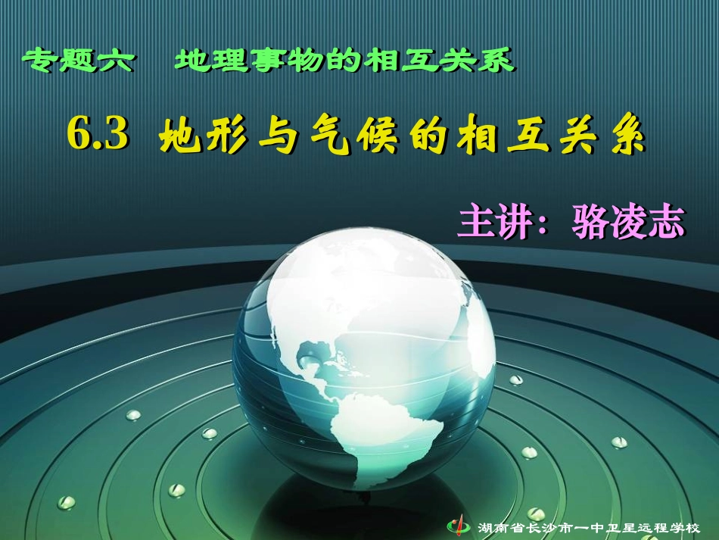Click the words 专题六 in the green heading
[x=79, y=60]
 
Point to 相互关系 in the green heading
[x=439, y=60]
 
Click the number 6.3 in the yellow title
[x=97, y=135]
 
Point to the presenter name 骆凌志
[x=628, y=223]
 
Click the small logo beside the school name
[x=459, y=524]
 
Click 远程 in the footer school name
[x=643, y=525]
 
